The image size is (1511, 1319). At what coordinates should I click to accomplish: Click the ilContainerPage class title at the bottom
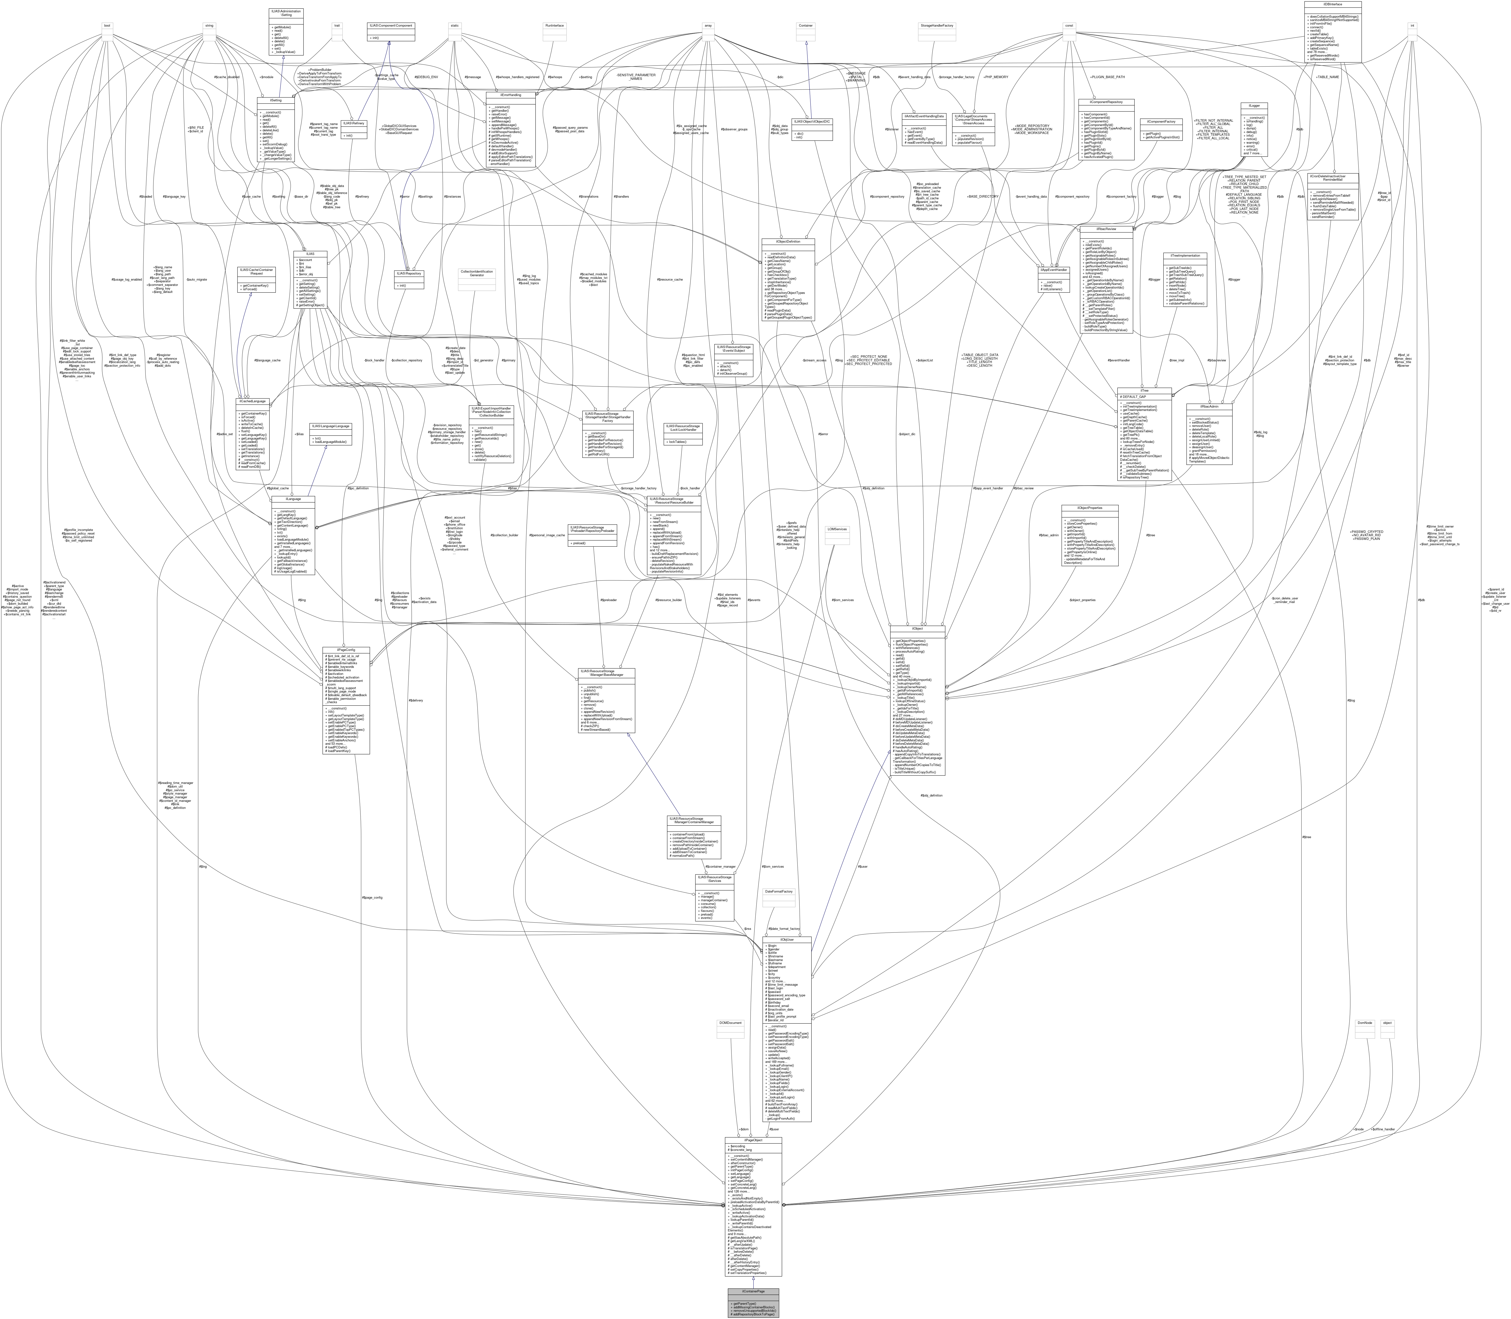coord(752,1291)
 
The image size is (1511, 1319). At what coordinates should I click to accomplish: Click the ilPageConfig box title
coord(345,650)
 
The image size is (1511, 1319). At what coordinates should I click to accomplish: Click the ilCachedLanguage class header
coord(252,401)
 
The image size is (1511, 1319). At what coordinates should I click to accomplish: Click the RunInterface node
coord(554,26)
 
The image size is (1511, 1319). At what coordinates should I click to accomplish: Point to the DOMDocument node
coord(730,1022)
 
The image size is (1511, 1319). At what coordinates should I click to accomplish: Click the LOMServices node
coord(836,529)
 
